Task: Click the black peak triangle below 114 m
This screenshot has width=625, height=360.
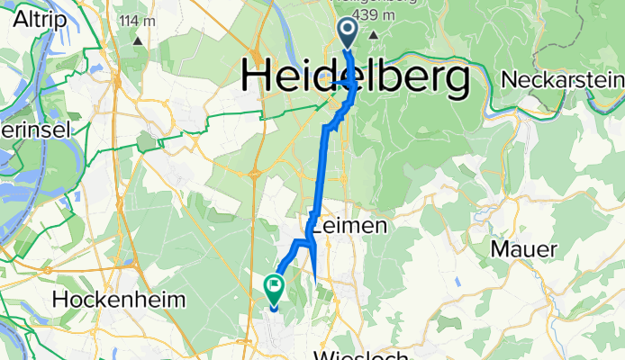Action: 138,40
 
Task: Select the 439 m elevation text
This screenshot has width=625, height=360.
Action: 365,15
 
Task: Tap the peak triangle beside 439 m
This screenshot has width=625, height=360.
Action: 371,34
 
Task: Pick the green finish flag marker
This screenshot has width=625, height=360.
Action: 273,288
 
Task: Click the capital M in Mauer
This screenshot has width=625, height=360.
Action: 498,247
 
